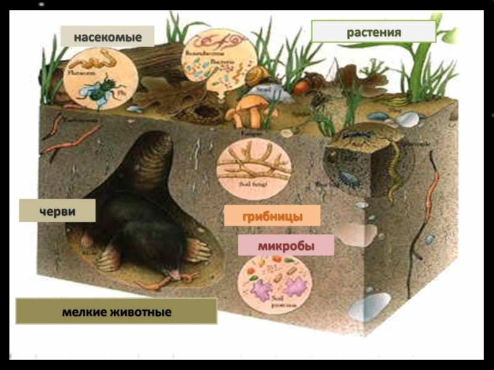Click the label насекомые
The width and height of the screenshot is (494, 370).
[107, 37]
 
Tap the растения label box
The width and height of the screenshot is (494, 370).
[374, 31]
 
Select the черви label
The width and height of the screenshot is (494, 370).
[57, 211]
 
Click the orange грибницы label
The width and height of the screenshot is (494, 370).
[272, 216]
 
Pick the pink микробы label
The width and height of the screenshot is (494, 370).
[286, 245]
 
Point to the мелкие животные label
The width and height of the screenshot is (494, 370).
[116, 312]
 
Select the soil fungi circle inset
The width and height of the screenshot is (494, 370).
[254, 166]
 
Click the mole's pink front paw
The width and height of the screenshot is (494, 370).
[198, 250]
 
